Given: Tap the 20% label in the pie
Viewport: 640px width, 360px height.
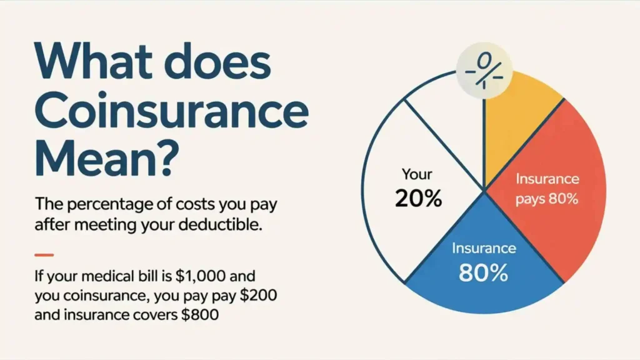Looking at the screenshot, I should click(418, 198).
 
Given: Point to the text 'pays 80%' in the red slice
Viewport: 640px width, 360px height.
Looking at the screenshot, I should click(547, 200).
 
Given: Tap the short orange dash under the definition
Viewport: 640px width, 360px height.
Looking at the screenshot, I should click(44, 254).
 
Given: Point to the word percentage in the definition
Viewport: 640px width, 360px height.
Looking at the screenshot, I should click(102, 204).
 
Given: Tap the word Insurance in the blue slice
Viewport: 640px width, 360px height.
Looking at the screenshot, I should click(484, 248).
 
